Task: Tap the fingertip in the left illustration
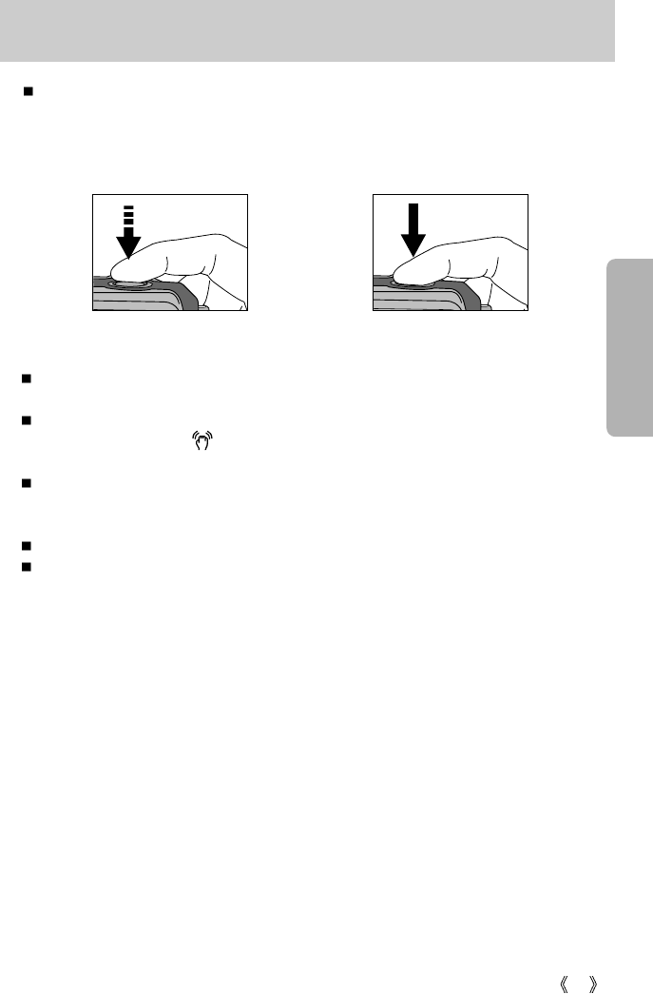128,268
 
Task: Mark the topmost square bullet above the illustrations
28,93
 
